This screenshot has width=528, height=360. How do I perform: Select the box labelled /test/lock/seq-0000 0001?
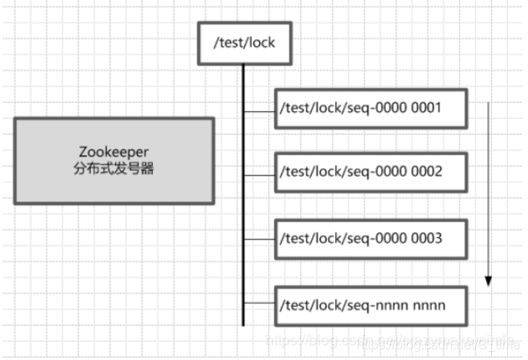369,109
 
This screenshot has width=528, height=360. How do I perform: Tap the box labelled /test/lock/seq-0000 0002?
369,173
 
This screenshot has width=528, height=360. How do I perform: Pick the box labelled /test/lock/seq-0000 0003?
369,239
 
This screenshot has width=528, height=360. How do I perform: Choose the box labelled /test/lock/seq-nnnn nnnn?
369,305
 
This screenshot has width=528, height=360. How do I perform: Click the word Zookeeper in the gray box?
114,153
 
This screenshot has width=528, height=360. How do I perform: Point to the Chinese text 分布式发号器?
114,169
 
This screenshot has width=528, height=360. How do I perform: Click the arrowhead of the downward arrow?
489,281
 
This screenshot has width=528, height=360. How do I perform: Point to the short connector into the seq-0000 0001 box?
259,109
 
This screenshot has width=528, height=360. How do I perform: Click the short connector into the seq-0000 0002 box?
259,174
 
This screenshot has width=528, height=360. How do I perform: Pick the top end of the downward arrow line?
489,102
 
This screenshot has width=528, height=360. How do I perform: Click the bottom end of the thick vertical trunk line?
243,324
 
